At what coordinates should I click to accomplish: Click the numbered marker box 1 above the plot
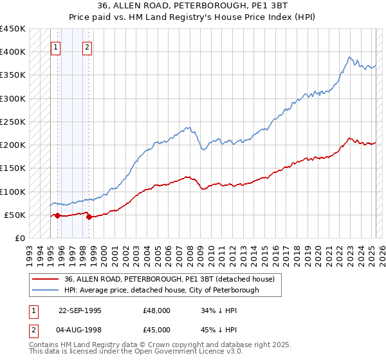click(56, 47)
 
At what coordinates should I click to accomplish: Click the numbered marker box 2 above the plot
click(87, 47)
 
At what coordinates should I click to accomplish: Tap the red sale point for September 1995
click(57, 216)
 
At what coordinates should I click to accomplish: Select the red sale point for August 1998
click(89, 217)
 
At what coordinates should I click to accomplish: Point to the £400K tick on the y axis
click(13, 52)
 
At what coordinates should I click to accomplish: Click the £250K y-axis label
click(13, 122)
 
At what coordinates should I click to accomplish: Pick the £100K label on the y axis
click(13, 192)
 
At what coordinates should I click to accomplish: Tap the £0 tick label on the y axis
click(20, 238)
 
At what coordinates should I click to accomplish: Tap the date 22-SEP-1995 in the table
click(80, 310)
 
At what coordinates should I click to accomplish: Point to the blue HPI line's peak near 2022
click(349, 57)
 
